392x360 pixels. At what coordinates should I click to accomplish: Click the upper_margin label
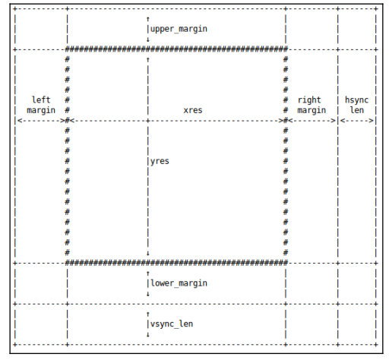179,30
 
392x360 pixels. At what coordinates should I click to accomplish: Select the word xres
193,110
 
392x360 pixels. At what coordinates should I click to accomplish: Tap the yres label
160,162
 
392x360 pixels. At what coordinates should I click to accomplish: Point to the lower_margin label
179,283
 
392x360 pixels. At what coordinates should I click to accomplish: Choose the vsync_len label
172,324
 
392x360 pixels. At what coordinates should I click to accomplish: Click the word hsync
356,100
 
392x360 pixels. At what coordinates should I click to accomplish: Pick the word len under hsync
357,110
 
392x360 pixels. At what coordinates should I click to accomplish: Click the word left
41,99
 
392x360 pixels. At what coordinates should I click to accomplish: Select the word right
309,100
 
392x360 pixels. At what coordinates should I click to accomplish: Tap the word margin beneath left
41,111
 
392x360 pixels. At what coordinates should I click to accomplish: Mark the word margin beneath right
311,111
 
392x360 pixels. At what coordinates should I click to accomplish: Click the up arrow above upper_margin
148,19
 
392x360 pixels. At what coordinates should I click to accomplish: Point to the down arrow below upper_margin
148,39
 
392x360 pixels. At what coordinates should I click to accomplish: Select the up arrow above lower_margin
148,273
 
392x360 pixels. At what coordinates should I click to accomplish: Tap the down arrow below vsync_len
148,335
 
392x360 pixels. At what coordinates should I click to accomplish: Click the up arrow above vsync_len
148,314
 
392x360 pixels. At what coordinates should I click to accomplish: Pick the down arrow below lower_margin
148,294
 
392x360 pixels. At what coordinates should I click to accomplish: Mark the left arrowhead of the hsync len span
343,121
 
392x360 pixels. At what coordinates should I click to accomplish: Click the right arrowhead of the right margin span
334,121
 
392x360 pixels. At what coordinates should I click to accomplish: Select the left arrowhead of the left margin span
20,121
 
